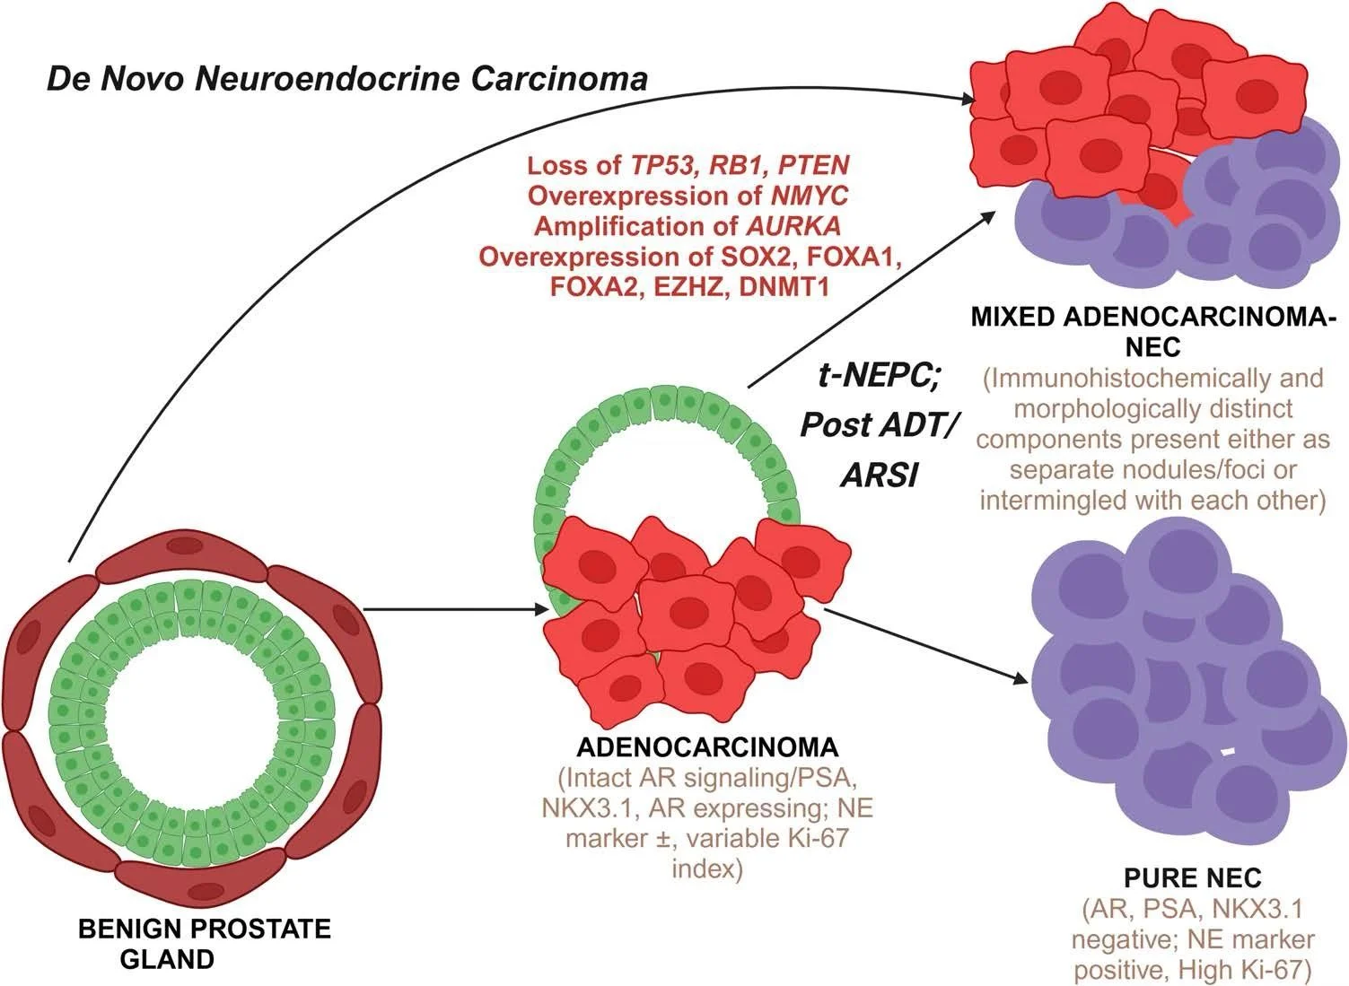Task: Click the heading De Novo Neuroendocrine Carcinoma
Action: [347, 79]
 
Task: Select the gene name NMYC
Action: [810, 196]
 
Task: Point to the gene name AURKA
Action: [793, 226]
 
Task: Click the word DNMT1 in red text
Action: [784, 287]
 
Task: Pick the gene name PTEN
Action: [813, 165]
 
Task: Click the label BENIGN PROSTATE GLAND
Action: [204, 944]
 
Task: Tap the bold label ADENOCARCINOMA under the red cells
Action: [707, 747]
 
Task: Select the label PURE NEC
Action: [1193, 878]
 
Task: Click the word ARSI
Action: [880, 476]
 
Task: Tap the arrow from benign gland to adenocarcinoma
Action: [457, 610]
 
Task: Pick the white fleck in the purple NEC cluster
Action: [1227, 751]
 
